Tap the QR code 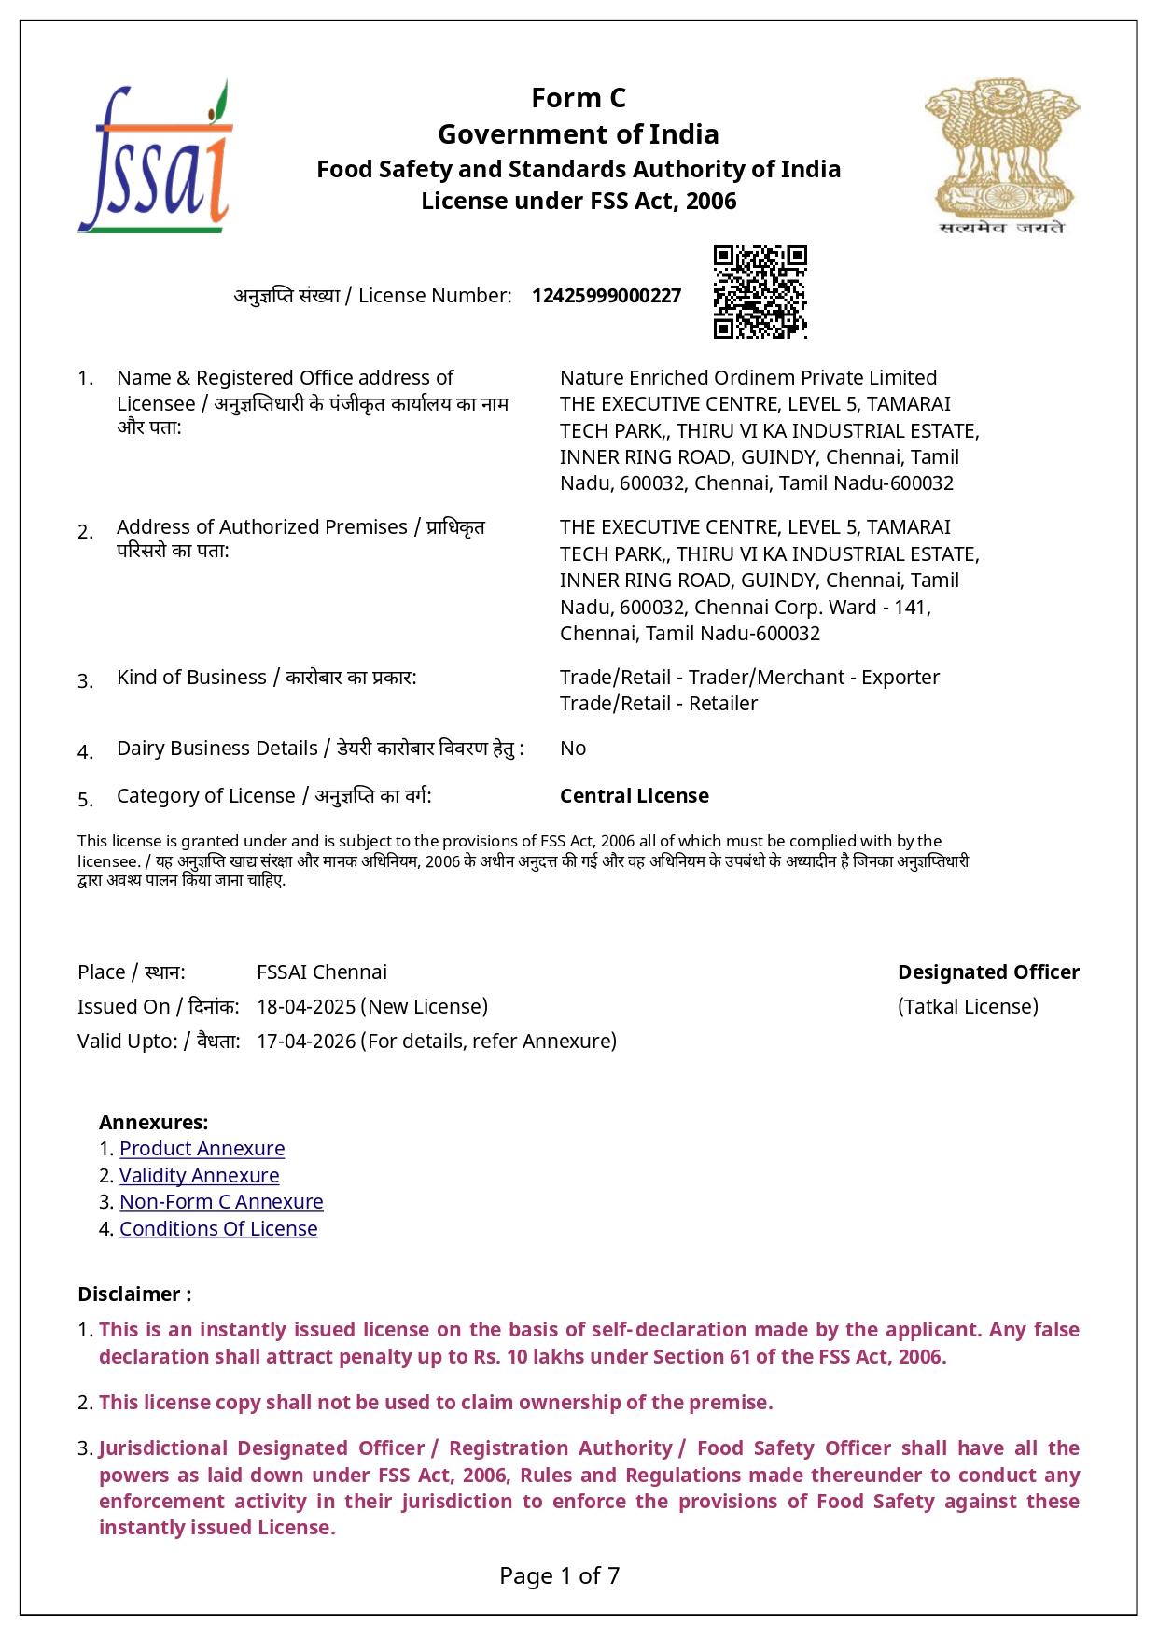[760, 292]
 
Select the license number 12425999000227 [607, 296]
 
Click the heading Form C [579, 98]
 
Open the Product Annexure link [202, 1149]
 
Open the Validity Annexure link [199, 1176]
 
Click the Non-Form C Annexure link [221, 1202]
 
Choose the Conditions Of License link [218, 1229]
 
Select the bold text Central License [635, 796]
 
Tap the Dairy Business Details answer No [573, 749]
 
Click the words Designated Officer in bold [988, 972]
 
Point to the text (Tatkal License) [968, 1007]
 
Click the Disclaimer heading [134, 1294]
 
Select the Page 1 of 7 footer [560, 1576]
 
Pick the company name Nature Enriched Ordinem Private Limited [748, 378]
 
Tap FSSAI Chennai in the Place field [322, 972]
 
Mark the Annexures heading [154, 1123]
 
